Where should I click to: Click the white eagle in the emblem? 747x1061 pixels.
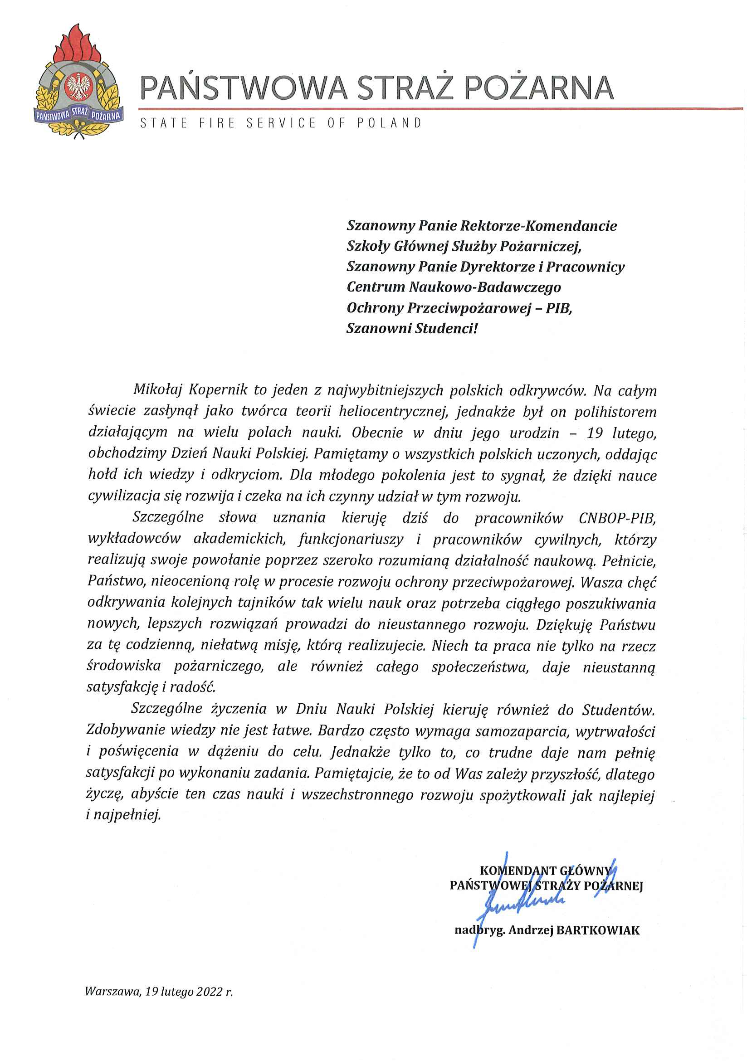pyautogui.click(x=78, y=87)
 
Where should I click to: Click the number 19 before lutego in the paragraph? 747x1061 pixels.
pyautogui.click(x=595, y=433)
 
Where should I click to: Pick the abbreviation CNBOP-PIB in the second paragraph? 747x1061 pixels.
pyautogui.click(x=617, y=518)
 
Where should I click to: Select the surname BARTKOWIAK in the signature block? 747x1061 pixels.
pyautogui.click(x=598, y=930)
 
